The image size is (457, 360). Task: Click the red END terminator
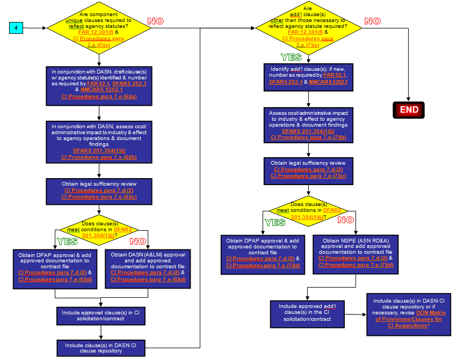coord(409,110)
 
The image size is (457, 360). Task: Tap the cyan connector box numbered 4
coord(17,27)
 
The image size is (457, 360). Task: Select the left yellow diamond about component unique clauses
coord(99,27)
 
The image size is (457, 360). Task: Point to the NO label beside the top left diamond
coord(155,21)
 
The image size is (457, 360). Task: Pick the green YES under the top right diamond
coord(291,57)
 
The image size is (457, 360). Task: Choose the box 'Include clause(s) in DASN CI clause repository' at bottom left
coord(99,348)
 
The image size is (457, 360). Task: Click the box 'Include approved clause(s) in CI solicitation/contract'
coord(99,315)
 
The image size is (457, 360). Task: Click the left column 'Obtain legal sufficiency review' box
coord(99,190)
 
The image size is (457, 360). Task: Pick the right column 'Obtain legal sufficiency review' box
coord(308,170)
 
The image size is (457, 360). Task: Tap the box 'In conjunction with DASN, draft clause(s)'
coord(99,84)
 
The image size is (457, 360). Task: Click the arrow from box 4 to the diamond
coord(35,27)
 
